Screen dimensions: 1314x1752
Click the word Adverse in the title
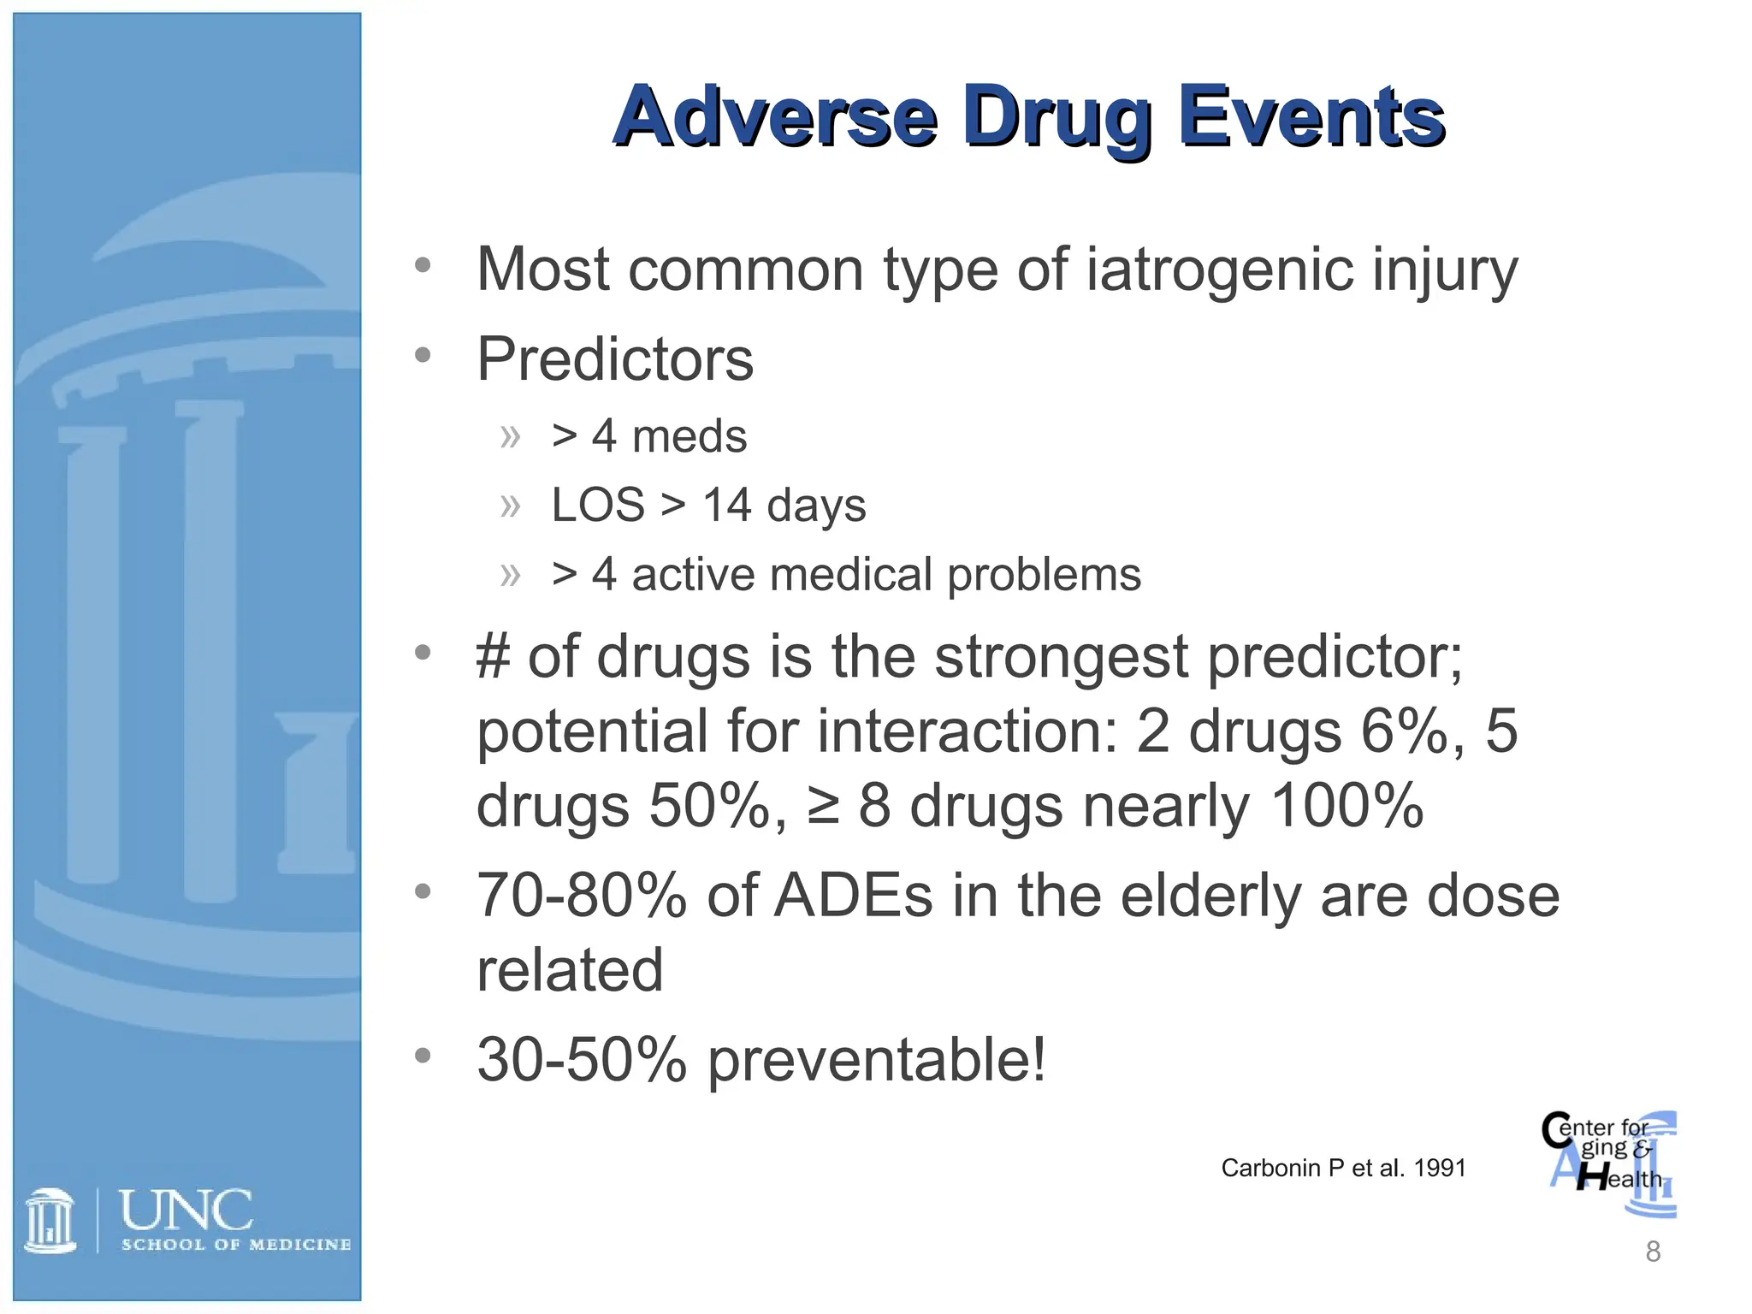(x=775, y=117)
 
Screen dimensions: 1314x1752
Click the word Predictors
(x=615, y=359)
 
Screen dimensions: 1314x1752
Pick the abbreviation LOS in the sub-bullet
(x=597, y=505)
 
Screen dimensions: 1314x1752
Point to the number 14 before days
(x=726, y=505)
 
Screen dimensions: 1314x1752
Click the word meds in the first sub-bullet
(x=689, y=436)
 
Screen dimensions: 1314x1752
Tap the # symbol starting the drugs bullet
(x=493, y=657)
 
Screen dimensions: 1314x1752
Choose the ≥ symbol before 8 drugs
(x=823, y=806)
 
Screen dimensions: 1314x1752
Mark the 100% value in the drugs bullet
(x=1347, y=806)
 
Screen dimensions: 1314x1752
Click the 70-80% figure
(x=582, y=897)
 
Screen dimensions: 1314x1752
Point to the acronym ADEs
(x=852, y=897)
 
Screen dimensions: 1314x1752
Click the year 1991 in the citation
(x=1440, y=1169)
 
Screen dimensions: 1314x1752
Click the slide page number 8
(x=1653, y=1252)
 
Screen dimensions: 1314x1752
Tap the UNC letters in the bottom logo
(x=186, y=1210)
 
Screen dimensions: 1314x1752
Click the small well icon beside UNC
(x=50, y=1221)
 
